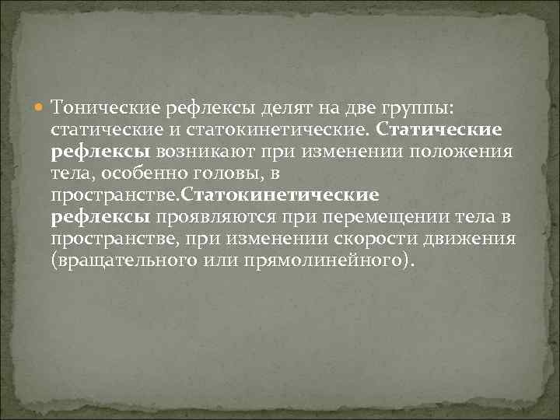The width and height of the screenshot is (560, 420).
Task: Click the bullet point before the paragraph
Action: pyautogui.click(x=41, y=106)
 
